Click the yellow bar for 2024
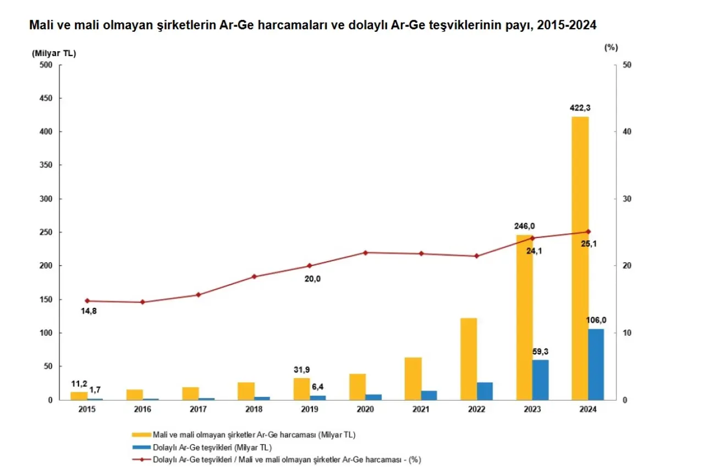[580, 258]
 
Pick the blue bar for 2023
[540, 380]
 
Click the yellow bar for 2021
[413, 379]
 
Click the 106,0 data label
[596, 320]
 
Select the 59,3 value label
[540, 351]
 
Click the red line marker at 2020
[365, 253]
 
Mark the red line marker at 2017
[198, 295]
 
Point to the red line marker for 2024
[588, 231]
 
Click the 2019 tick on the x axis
[310, 409]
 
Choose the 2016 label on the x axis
[142, 409]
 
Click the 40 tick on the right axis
[627, 132]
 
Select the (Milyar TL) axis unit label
[54, 53]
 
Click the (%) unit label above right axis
[611, 47]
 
